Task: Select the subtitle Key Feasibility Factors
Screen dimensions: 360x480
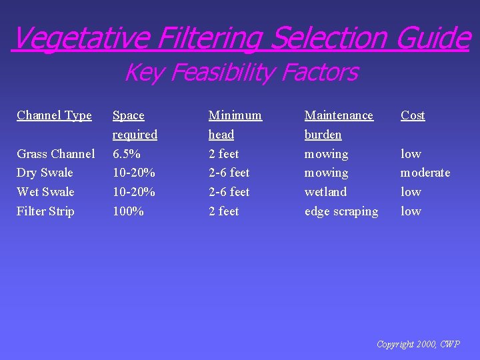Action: tap(241, 72)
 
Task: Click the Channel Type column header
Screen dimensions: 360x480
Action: tap(54, 115)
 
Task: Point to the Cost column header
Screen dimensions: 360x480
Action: tap(413, 115)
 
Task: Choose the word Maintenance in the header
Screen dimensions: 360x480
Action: tap(339, 115)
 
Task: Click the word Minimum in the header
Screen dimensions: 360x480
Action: tap(235, 115)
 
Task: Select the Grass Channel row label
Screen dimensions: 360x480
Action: tap(55, 154)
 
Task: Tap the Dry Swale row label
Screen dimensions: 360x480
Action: tap(45, 173)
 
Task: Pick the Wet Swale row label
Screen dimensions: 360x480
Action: tap(45, 192)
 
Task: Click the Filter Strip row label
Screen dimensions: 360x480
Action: tap(45, 211)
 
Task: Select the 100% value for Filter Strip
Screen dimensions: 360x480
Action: tap(127, 211)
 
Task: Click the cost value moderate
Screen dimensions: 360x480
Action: tap(425, 173)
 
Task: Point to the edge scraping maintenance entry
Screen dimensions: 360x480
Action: tap(341, 211)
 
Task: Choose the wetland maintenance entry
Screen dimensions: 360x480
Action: tap(325, 192)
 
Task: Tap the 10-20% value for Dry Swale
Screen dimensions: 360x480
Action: tap(134, 173)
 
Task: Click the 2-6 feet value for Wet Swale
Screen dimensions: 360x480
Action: tap(229, 192)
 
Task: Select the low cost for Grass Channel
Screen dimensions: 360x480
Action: tap(411, 154)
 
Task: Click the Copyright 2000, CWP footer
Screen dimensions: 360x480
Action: tap(418, 344)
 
